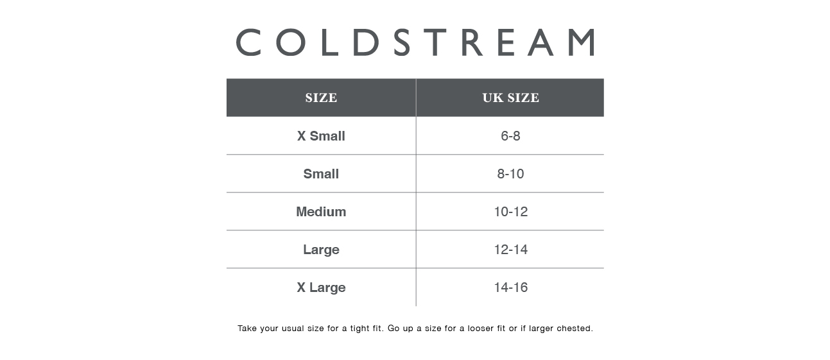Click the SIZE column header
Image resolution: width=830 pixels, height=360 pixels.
(321, 98)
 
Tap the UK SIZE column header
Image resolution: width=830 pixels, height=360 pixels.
(510, 98)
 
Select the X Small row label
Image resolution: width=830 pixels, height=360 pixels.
(321, 136)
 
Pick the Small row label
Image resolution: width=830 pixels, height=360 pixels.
(321, 174)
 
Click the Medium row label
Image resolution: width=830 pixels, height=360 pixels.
(321, 212)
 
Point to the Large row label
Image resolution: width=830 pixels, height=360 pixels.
(321, 250)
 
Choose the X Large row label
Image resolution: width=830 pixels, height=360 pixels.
(321, 287)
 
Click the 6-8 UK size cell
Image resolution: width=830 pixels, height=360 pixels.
(510, 136)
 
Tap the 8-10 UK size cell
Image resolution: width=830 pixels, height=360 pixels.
(510, 174)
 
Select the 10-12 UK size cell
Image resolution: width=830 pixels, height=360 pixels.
(510, 212)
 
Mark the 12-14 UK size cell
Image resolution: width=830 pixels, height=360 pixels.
(510, 249)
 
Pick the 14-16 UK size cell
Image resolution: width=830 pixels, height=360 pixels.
(510, 287)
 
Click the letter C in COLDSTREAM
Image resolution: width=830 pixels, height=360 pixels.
(248, 42)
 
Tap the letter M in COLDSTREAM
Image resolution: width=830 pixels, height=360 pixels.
(582, 42)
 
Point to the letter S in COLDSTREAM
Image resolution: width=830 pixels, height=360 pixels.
(402, 42)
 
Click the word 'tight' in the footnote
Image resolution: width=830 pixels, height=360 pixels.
(359, 329)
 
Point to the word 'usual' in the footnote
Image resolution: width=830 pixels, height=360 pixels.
(292, 328)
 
